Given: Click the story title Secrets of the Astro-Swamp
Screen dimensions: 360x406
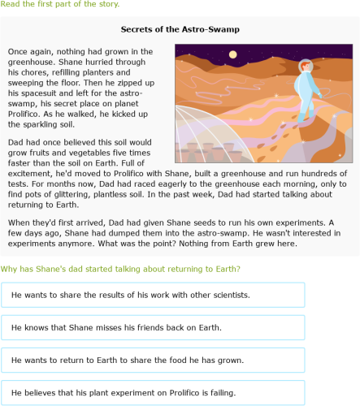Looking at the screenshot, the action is coord(180,29).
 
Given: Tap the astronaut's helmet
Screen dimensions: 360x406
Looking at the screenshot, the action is coord(305,67).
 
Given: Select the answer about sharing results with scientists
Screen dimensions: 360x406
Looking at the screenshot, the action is coord(153,294).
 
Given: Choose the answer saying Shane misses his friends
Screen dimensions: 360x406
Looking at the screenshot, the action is coord(153,327).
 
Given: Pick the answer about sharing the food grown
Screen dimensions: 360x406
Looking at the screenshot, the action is coord(153,360).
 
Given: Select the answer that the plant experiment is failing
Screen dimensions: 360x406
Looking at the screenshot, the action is coord(153,393).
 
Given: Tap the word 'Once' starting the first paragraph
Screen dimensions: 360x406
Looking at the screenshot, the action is coord(18,50).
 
